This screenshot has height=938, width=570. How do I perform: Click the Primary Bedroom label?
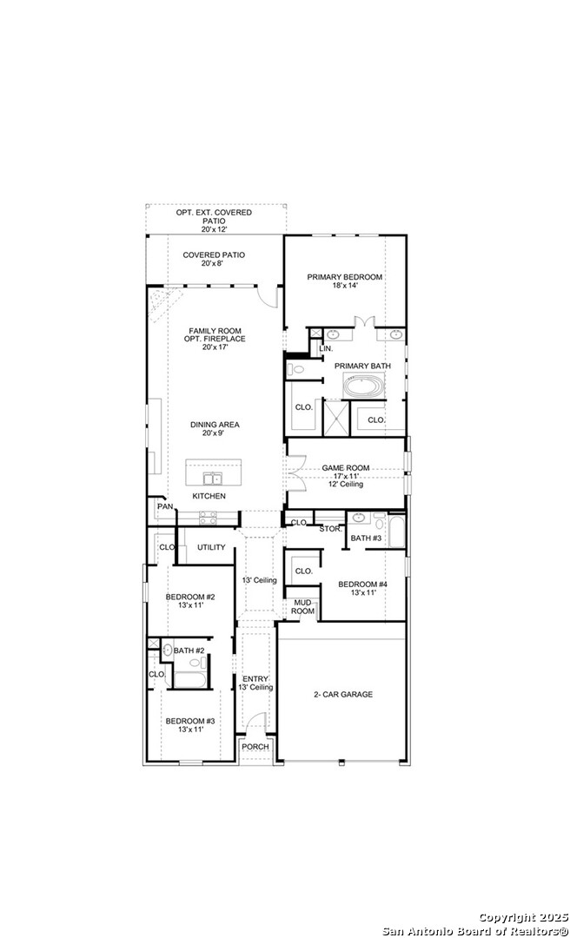coord(344,277)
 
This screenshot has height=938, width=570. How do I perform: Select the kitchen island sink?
coord(211,478)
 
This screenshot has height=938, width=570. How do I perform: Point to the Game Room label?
coord(346,468)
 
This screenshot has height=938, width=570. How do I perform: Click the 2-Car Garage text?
coord(343,695)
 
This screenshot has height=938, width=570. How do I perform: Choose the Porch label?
coord(255,747)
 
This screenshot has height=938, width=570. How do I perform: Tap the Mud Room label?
coord(303,607)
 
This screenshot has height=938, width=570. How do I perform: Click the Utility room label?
coord(211,547)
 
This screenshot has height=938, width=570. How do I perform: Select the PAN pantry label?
coord(165,506)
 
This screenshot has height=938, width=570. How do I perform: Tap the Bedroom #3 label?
coord(189,721)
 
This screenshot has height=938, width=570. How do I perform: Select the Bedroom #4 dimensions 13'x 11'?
coord(357,593)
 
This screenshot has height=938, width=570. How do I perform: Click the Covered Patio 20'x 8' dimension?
coord(214,263)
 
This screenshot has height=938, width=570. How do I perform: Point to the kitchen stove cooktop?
coord(207,518)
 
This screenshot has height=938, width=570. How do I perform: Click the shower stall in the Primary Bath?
coord(336,418)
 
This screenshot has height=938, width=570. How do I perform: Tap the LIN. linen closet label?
coord(326,348)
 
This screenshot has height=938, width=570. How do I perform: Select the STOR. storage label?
coord(330,530)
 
